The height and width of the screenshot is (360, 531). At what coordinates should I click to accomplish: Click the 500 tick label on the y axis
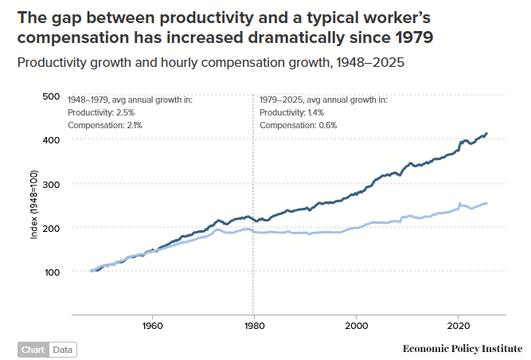coord(50,96)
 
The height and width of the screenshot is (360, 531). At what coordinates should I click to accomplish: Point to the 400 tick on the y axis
coord(50,140)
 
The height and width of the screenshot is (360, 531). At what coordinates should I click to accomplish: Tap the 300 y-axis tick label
coord(50,184)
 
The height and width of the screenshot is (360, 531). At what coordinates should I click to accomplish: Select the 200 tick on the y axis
coord(50,228)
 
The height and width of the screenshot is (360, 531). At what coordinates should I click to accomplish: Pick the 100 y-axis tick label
coord(50,272)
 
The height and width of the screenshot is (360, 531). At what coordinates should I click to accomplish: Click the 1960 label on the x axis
coord(152,325)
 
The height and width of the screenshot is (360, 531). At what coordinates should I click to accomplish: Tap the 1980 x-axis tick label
coord(254,325)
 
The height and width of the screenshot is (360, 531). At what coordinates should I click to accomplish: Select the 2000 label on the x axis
coord(356,325)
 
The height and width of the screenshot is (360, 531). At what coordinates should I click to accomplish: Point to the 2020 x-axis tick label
coord(458,325)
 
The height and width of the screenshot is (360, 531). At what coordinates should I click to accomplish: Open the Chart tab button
coord(33,350)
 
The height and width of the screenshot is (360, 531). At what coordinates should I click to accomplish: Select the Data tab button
coord(62,350)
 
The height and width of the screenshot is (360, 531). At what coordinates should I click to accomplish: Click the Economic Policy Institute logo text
coord(462,349)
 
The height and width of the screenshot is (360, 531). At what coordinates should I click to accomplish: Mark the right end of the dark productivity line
coord(487,134)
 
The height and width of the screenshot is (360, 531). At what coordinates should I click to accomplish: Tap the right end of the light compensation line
coord(487,203)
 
